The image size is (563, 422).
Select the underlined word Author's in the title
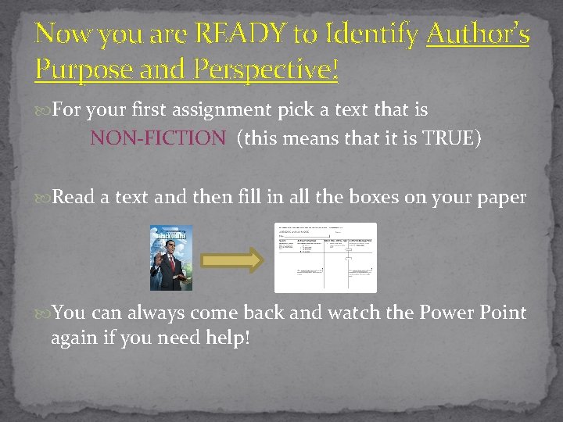tap(479, 34)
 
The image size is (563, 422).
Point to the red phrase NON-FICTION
tap(158, 138)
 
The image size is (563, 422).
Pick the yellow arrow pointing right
tap(234, 261)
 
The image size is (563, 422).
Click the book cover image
tap(171, 258)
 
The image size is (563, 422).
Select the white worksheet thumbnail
tap(325, 257)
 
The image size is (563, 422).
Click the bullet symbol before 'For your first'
tap(43, 110)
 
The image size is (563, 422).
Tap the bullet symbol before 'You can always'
tap(43, 313)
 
